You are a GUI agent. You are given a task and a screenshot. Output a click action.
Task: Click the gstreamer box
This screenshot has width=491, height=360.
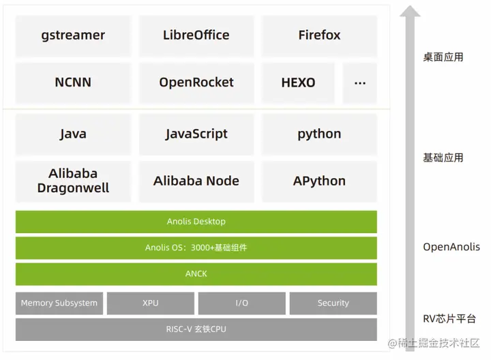click(x=73, y=35)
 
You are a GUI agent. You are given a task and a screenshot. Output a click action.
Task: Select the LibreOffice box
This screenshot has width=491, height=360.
click(x=196, y=35)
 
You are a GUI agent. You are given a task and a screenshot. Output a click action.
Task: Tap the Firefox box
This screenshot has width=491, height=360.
click(x=319, y=35)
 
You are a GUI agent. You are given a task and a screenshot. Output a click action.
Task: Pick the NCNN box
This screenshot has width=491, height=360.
click(x=73, y=82)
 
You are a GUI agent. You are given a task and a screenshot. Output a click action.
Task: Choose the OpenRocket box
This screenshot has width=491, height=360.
click(x=196, y=82)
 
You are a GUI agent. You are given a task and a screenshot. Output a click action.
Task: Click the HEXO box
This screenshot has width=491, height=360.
click(x=298, y=82)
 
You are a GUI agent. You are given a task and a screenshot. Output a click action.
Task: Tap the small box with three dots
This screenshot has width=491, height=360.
click(x=360, y=82)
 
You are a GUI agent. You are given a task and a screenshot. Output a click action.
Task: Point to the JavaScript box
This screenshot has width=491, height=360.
click(x=196, y=134)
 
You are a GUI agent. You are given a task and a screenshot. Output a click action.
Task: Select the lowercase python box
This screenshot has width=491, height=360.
click(x=319, y=134)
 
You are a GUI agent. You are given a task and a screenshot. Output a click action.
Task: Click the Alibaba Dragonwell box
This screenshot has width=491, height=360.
click(x=73, y=181)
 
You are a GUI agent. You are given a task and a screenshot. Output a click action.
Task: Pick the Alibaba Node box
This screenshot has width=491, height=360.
click(x=196, y=181)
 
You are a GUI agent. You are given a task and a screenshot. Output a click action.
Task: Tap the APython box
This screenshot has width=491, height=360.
click(x=319, y=181)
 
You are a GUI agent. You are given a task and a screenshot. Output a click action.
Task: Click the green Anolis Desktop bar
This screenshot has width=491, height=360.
click(x=196, y=222)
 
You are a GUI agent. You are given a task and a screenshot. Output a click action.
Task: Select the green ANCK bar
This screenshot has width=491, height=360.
click(x=196, y=274)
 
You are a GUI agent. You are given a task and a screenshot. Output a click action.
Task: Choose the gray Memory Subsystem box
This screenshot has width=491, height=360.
click(x=59, y=303)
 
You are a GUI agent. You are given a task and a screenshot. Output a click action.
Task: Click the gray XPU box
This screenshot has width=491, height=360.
click(x=151, y=303)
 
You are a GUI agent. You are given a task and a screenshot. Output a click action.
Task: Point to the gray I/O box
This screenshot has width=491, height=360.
click(x=242, y=303)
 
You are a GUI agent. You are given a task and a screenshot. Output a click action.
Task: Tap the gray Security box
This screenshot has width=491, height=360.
click(x=333, y=303)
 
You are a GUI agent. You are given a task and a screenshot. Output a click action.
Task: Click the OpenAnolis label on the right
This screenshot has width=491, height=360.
click(x=451, y=247)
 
